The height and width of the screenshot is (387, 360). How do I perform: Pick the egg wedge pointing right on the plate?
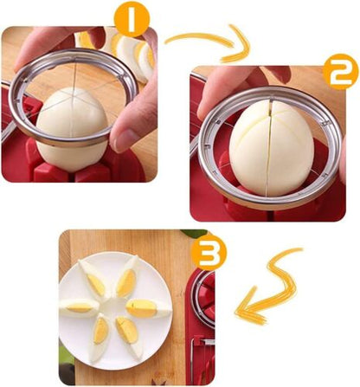click(x=140, y=306)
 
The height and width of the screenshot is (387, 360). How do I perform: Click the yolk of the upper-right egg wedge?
click(x=126, y=282)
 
